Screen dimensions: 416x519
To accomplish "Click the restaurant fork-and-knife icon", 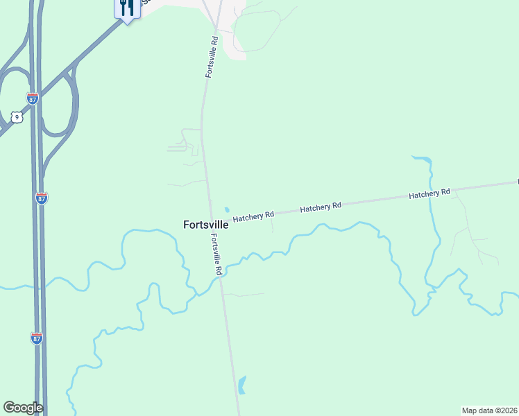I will point(126,8).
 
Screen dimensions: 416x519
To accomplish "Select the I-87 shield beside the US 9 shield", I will point(32,98).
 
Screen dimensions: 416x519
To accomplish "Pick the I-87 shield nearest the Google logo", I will point(37,338).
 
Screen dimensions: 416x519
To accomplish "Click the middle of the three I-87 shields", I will point(42,198).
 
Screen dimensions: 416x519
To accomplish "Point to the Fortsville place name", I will point(205,225).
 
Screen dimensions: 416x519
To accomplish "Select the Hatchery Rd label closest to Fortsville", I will point(253,217).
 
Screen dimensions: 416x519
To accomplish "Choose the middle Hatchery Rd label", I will point(321,207).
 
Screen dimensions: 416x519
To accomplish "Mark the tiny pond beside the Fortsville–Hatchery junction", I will point(226,210).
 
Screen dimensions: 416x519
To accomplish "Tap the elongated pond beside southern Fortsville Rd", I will point(241,385).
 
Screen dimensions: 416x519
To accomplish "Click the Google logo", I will point(23,408).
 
